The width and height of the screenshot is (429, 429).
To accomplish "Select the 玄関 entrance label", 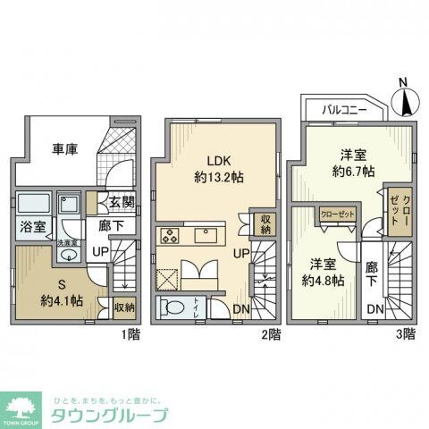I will coord(122,203).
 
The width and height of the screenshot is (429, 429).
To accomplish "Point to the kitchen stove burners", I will coord(170,236).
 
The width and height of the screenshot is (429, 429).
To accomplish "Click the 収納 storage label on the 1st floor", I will coord(124,307).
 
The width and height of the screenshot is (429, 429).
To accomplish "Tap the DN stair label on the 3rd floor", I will coord(374,308).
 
